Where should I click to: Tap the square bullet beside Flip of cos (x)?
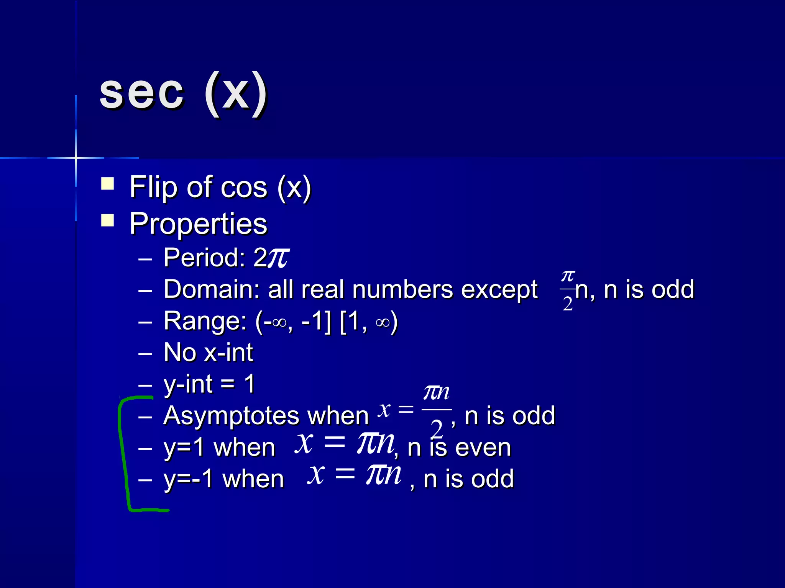(x=108, y=183)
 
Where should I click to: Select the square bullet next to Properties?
(x=108, y=220)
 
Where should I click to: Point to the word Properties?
(x=198, y=224)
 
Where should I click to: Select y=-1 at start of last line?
(x=188, y=479)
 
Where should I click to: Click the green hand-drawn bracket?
(x=123, y=452)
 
